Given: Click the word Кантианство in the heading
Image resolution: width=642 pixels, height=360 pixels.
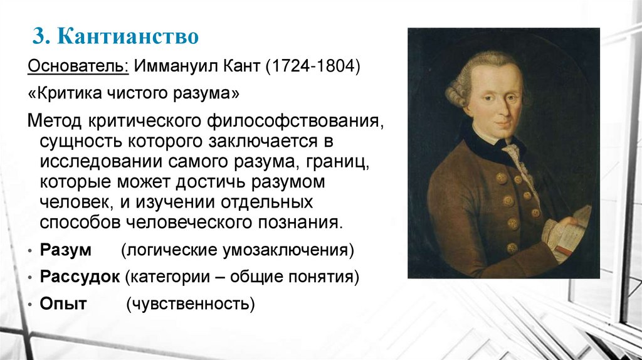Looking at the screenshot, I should [129, 37].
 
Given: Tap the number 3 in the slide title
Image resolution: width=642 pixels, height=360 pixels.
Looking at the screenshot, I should [38, 37].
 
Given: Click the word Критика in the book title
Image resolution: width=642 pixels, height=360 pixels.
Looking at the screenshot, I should [65, 93].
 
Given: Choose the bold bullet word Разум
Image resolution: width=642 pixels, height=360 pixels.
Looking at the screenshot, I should [66, 250].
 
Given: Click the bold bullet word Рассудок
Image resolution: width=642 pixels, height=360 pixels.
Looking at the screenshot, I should [80, 277].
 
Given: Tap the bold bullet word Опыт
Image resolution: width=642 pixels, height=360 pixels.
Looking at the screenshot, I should [63, 304].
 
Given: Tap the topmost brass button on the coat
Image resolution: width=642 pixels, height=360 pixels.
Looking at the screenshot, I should [501, 178].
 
